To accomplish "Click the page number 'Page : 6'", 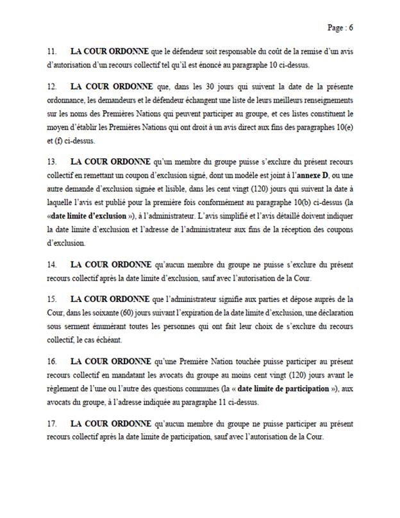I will coord(340,28).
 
